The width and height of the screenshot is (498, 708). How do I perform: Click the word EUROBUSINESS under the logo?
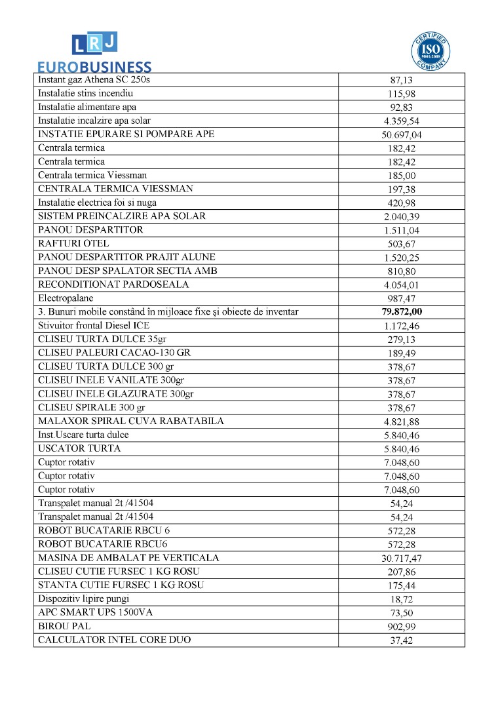pos(94,67)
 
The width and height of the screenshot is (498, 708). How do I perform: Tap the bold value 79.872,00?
pos(401,312)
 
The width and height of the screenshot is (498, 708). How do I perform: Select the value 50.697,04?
pos(401,134)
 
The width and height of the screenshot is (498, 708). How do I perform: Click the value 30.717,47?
pos(401,559)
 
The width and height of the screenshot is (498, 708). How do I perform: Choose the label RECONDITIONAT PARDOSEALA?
pos(113,285)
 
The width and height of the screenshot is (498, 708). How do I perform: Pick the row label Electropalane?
pos(64,298)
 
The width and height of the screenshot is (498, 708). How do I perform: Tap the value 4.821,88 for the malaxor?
pos(401,422)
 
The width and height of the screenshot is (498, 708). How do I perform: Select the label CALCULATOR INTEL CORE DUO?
pos(115,640)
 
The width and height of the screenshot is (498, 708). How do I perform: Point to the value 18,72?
pos(401,600)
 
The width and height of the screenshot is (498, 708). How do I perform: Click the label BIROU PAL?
pos(63,626)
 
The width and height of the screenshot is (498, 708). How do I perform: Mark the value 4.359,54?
pos(401,121)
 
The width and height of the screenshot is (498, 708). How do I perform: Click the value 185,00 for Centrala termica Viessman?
pos(401,176)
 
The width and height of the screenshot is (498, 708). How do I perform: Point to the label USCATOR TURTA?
pos(79,448)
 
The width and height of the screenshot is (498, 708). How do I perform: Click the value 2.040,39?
pos(401,217)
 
